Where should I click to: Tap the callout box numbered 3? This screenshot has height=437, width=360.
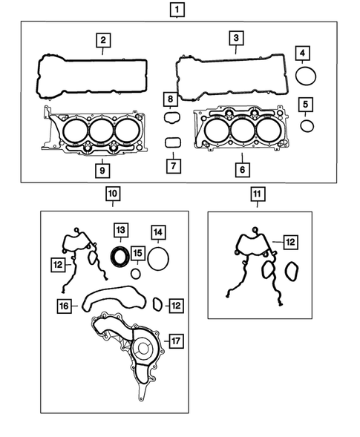(x=235, y=38)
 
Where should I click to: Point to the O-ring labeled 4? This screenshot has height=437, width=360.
(x=306, y=75)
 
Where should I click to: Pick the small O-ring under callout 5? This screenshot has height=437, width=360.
(x=307, y=125)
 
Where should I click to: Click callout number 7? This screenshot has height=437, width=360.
(x=171, y=165)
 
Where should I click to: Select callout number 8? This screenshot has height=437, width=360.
(x=170, y=99)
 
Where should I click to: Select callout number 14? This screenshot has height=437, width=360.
(x=158, y=232)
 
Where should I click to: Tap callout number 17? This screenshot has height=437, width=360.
(x=175, y=341)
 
